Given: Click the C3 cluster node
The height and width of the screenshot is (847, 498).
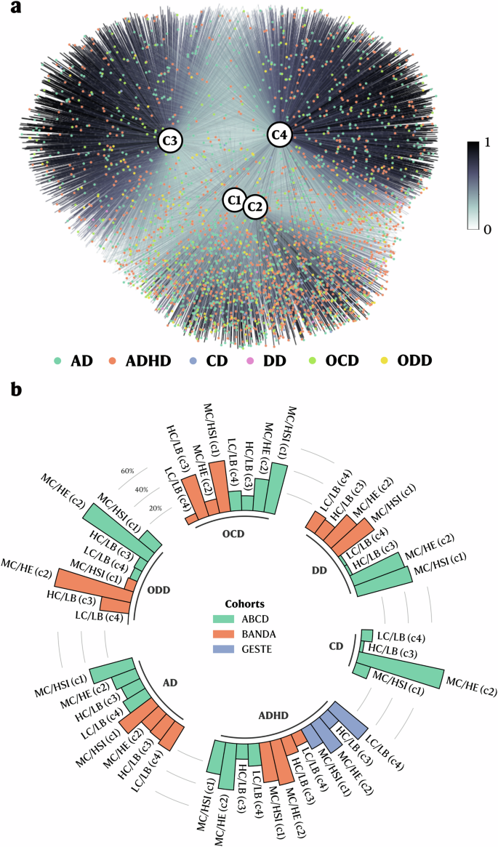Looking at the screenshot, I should coord(171,140).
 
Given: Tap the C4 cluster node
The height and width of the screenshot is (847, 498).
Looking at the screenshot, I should coord(280,135).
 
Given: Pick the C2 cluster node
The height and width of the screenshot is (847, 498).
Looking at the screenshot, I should coord(254,206).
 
